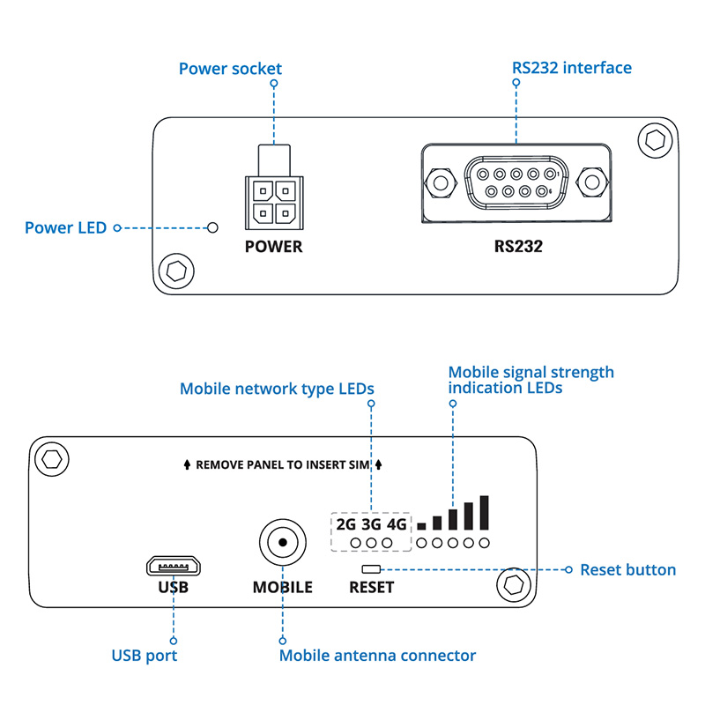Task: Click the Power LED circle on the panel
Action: pos(212,228)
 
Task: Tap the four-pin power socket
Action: pos(273,202)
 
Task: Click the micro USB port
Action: pos(173,563)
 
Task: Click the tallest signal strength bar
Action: pos(484,512)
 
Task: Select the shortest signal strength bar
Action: pos(421,525)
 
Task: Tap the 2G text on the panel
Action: pos(346,524)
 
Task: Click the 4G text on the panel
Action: pos(397,524)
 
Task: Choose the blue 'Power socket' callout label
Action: pos(230,68)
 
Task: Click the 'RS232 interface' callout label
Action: pos(571,68)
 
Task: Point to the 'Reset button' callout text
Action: pos(627,570)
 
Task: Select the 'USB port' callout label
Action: pos(145,656)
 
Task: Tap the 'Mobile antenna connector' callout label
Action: pos(377,656)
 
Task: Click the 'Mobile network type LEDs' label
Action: pos(277,389)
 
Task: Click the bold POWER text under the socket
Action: pos(273,247)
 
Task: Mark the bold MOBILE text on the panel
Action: pos(282,587)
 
